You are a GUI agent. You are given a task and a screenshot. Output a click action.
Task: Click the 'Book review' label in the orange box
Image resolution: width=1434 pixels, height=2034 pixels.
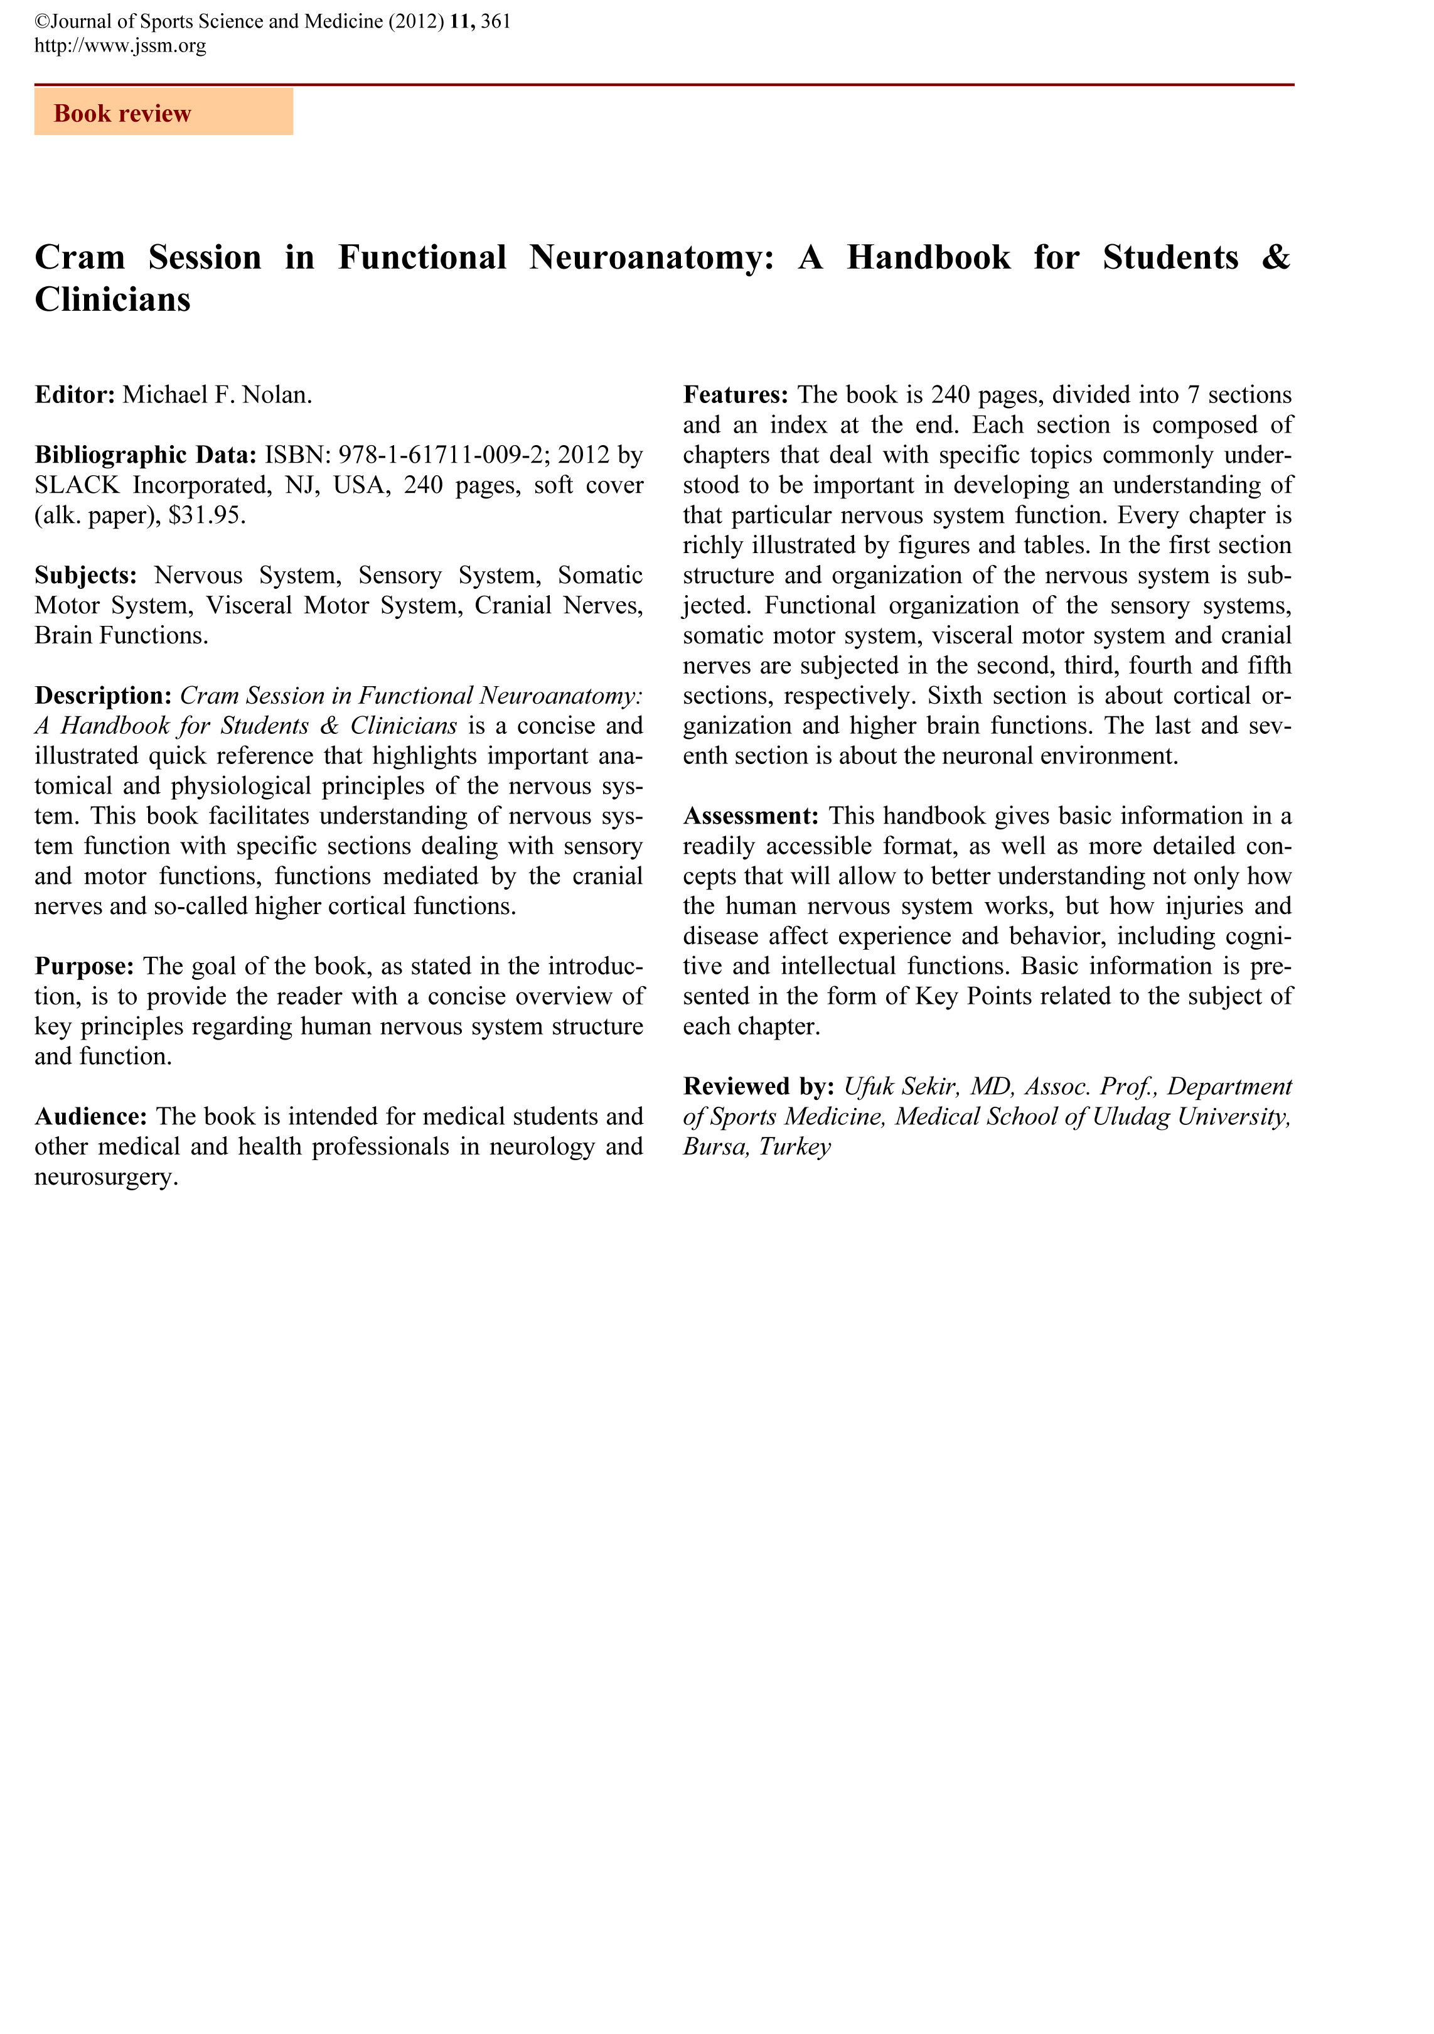coord(122,114)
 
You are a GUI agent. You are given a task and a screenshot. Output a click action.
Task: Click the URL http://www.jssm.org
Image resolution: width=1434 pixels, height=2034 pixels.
coord(120,46)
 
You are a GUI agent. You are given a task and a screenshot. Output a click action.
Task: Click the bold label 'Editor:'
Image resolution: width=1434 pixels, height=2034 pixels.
coord(75,394)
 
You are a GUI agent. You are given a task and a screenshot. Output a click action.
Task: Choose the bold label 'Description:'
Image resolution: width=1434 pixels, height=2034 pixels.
coord(103,696)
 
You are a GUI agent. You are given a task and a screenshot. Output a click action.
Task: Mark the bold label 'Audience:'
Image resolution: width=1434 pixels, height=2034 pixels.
coord(90,1116)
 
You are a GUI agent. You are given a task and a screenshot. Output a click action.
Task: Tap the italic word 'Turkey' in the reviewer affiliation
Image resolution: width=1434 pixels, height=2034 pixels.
coord(795,1147)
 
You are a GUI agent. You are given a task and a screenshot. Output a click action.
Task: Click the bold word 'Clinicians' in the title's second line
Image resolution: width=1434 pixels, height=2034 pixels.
coord(112,300)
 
